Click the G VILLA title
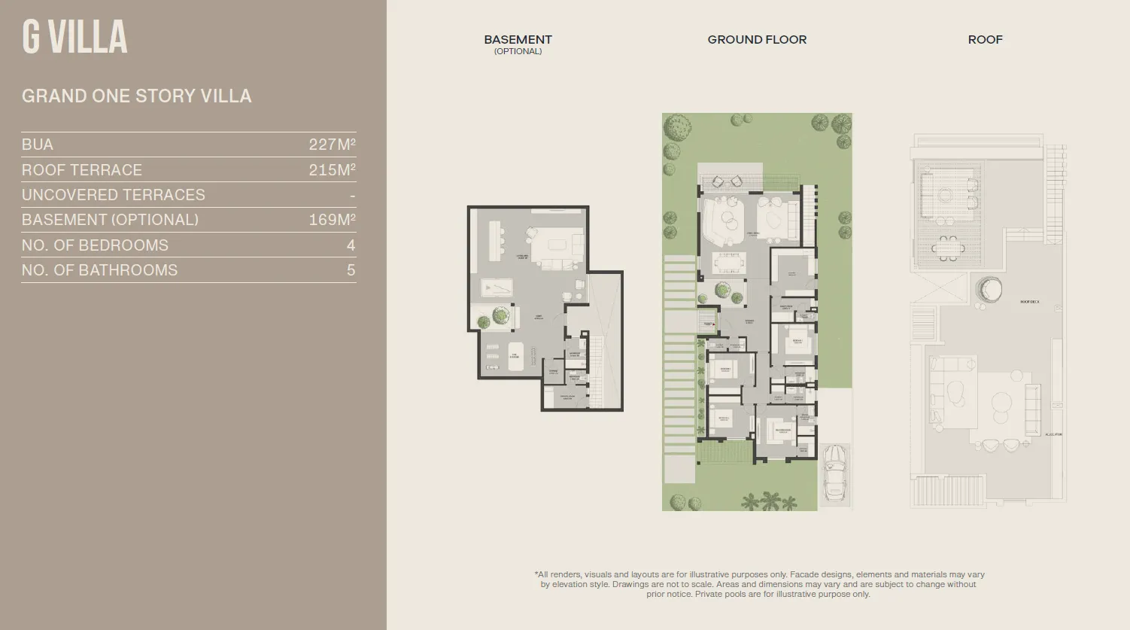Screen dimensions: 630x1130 pos(74,38)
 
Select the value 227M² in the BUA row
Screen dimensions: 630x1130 pos(332,145)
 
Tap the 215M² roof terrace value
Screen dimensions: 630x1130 pos(332,170)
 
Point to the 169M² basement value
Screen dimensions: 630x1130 pos(332,220)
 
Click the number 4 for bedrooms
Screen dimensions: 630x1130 pos(351,245)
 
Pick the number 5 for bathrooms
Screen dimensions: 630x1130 pos(351,270)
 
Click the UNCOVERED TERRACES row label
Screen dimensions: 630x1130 pos(113,195)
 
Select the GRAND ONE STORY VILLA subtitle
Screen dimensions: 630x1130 pos(136,96)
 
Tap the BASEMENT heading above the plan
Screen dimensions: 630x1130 pos(518,39)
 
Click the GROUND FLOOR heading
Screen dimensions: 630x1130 pos(757,39)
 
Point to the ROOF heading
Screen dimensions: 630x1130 pos(985,39)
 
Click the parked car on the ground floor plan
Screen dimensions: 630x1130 pos(835,472)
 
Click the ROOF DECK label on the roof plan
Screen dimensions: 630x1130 pos(1029,302)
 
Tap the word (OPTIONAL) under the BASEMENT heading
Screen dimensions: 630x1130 pos(518,51)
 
